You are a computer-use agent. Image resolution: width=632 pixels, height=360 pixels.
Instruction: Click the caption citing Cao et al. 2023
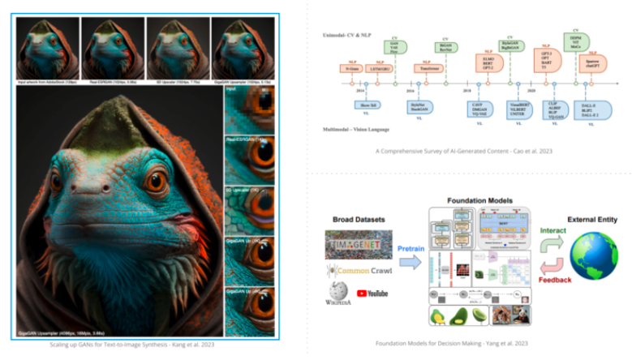coord(466,152)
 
